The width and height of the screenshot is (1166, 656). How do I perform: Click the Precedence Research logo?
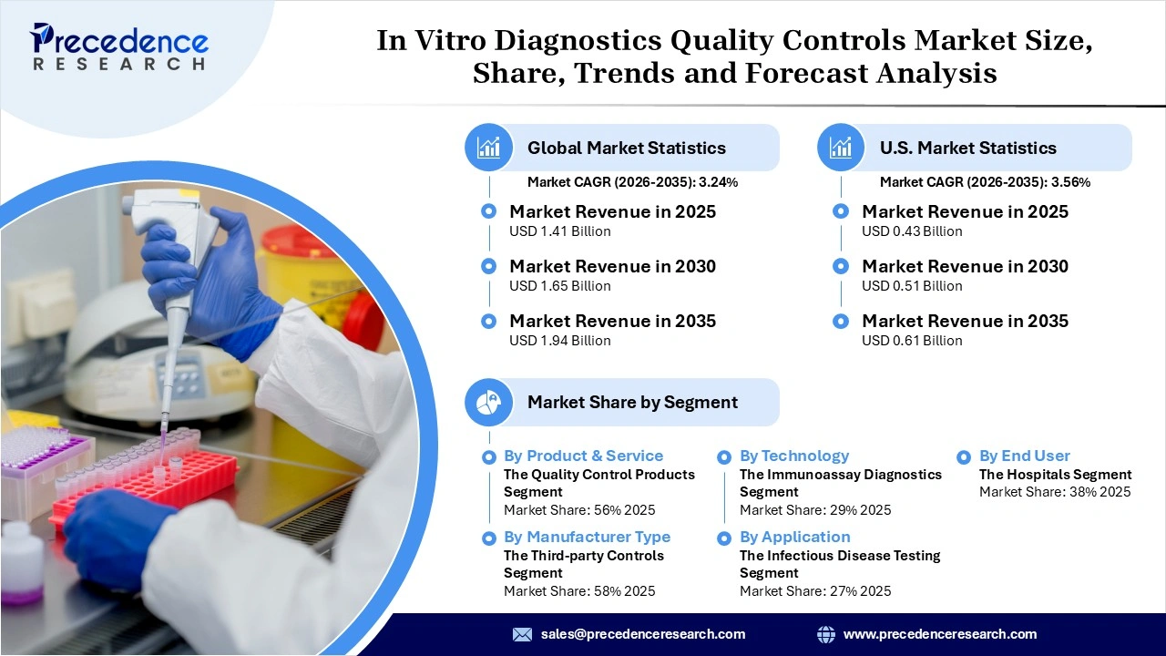point(118,46)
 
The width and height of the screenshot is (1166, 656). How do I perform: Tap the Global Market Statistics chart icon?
point(489,148)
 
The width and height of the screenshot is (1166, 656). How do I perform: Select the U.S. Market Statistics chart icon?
point(841,148)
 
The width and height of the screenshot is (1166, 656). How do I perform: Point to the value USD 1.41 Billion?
point(559,231)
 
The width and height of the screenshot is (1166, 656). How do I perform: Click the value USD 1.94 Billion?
point(559,341)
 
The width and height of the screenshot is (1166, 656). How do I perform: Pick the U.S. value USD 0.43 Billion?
point(912,231)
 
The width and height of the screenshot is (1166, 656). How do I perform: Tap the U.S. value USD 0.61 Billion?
point(912,341)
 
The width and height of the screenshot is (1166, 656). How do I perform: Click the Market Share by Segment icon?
point(489,402)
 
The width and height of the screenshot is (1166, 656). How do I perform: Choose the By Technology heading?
point(793,456)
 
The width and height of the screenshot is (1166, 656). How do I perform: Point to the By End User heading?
point(1024,456)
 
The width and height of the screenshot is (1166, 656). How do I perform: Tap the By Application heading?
point(794,537)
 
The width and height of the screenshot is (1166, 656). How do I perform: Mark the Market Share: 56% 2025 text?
point(579,510)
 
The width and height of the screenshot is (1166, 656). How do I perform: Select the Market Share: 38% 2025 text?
point(1055,492)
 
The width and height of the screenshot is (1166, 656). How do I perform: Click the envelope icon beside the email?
point(522,634)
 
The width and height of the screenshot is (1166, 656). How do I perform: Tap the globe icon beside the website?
point(825,634)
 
